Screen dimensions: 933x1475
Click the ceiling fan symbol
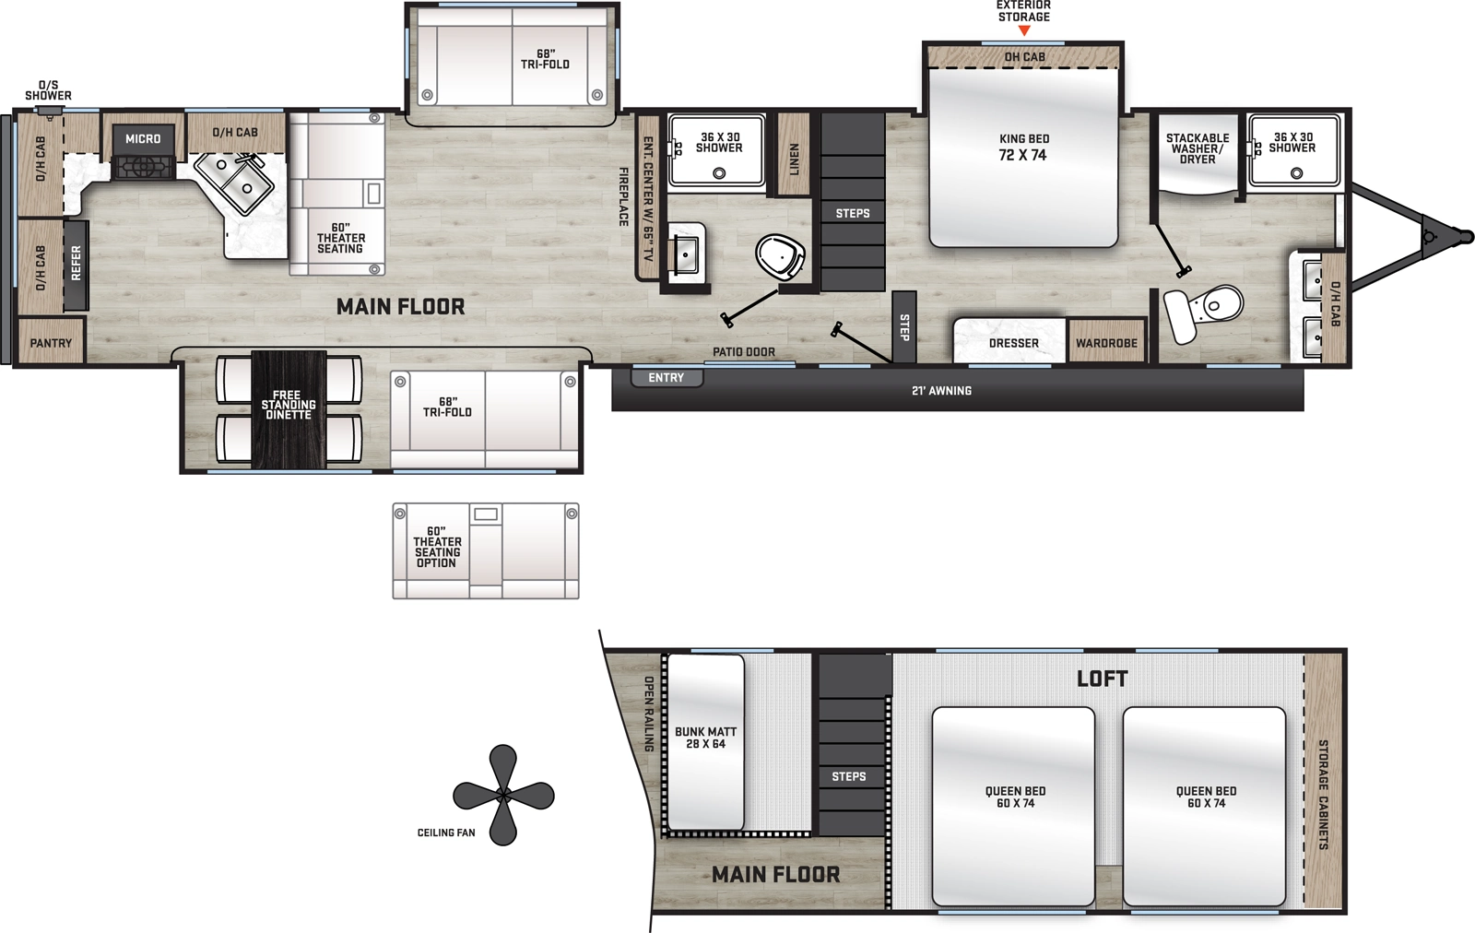[503, 795]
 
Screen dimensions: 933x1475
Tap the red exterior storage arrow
[1024, 31]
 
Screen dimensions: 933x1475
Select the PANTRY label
[51, 343]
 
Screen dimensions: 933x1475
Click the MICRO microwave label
[143, 138]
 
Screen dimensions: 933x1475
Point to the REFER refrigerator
[76, 264]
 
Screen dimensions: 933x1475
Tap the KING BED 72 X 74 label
[1023, 148]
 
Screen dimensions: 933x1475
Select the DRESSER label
[1013, 343]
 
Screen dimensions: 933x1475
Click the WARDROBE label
[1106, 343]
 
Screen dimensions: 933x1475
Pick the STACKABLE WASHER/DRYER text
[1197, 148]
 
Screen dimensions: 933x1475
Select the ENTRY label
[666, 378]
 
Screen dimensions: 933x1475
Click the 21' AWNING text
[941, 391]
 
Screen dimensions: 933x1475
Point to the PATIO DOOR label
[743, 352]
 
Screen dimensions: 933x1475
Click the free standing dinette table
[289, 408]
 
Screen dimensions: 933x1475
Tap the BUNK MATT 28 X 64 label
[705, 738]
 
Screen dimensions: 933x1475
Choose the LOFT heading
[1102, 679]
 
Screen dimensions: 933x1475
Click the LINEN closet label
[794, 159]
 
